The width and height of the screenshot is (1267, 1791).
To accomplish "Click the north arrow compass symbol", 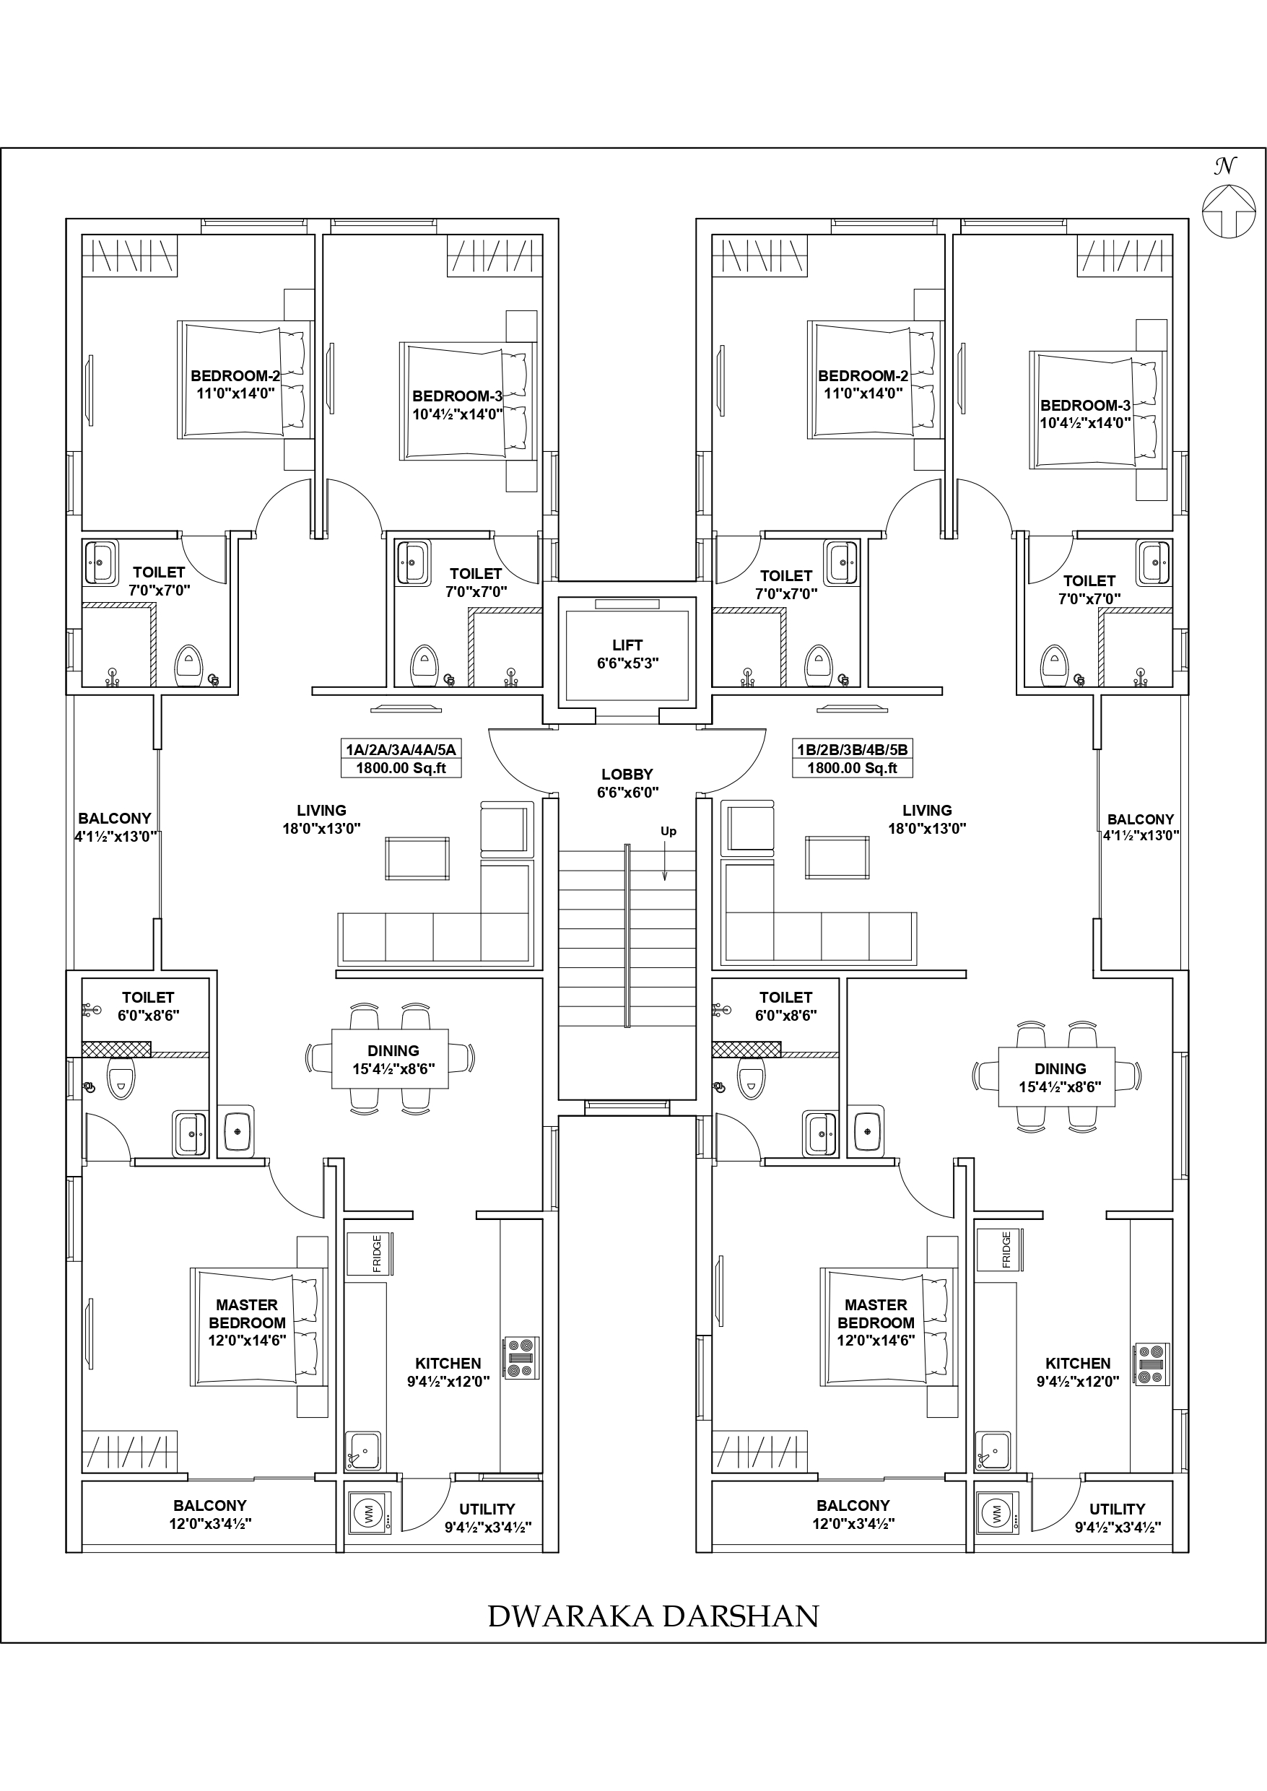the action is pyautogui.click(x=1228, y=210).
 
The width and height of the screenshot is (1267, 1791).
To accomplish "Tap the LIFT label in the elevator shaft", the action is pyautogui.click(x=627, y=645).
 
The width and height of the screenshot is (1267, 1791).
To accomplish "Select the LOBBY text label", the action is pyautogui.click(x=627, y=775).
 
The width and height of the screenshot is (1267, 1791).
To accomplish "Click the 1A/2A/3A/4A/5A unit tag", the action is pyautogui.click(x=401, y=749).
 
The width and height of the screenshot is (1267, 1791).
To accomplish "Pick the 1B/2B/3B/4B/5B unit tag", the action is pyautogui.click(x=852, y=749).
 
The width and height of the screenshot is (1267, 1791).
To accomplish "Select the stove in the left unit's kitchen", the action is pyautogui.click(x=521, y=1358).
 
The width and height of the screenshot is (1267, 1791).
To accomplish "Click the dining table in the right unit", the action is pyautogui.click(x=1056, y=1077).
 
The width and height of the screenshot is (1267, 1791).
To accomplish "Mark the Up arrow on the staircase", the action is pyautogui.click(x=665, y=862).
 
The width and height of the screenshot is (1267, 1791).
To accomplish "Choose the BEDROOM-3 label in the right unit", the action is pyautogui.click(x=1085, y=406).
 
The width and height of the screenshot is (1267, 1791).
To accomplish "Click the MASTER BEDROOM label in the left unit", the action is pyautogui.click(x=246, y=1314).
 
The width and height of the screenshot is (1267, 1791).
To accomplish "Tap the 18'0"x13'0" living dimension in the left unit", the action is pyautogui.click(x=321, y=829).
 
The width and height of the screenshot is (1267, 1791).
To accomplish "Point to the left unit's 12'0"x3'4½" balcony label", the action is pyautogui.click(x=210, y=1523).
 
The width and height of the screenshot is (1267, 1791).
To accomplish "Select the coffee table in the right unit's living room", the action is pyautogui.click(x=837, y=858).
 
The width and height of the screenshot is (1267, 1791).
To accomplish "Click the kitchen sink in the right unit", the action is pyautogui.click(x=994, y=1451).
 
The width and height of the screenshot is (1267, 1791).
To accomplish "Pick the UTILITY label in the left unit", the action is pyautogui.click(x=487, y=1509).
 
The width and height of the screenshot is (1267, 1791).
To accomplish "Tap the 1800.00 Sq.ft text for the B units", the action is pyautogui.click(x=852, y=768).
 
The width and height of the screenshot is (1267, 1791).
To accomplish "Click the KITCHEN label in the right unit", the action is pyautogui.click(x=1077, y=1364).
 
